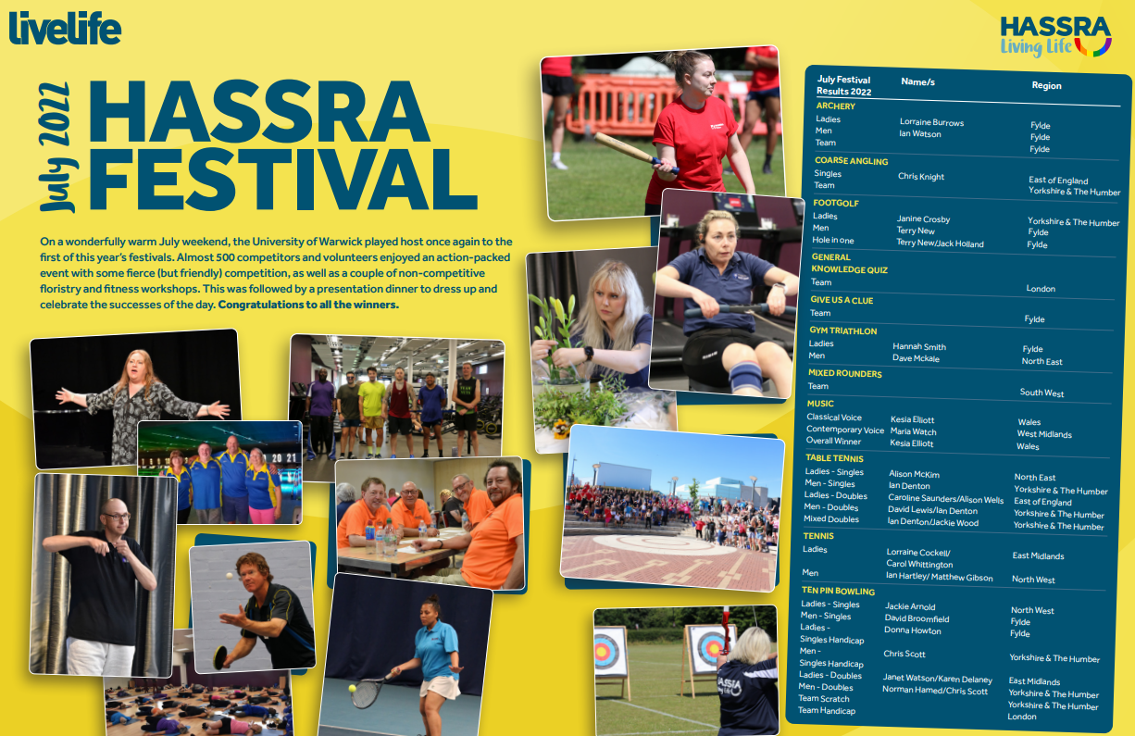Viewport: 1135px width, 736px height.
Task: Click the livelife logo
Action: (x=65, y=28)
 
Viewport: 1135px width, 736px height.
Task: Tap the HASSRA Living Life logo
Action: (x=1055, y=35)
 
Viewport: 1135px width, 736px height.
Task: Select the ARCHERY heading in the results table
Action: (x=835, y=106)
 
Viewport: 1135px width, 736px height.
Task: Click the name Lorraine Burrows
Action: (x=931, y=122)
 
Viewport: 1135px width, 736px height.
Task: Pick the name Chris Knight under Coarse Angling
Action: (x=920, y=176)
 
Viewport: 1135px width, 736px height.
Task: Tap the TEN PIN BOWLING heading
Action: (x=838, y=591)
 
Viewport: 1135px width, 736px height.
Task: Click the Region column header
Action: (x=1046, y=85)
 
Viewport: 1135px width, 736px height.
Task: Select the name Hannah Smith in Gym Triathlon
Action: (x=918, y=346)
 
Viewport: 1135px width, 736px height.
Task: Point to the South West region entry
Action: (x=1041, y=393)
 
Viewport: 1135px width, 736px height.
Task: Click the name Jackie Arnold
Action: (x=910, y=606)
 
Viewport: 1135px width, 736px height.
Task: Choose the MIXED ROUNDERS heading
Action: (x=844, y=374)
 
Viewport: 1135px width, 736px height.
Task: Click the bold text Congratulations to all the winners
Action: (x=308, y=305)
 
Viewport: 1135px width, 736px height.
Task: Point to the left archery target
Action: (x=610, y=652)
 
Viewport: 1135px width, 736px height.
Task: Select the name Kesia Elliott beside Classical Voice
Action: (x=912, y=419)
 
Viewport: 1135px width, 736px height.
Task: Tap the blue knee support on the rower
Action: (x=745, y=376)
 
